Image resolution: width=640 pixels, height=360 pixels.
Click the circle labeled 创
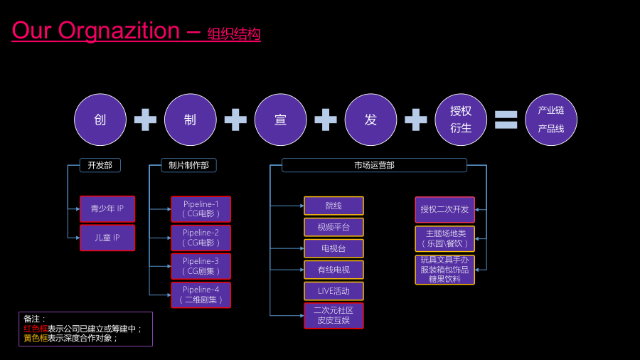pos(100,120)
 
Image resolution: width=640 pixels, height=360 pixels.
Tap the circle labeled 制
pos(190,120)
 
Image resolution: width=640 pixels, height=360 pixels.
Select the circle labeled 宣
pos(280,120)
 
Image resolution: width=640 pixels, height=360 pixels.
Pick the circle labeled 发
pos(370,120)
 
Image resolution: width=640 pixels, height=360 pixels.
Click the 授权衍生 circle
pos(461,120)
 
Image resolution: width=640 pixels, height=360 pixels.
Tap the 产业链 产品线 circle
pos(551,120)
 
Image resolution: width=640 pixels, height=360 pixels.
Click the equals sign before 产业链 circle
pos(506,120)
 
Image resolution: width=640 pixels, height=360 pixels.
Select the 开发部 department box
pos(100,165)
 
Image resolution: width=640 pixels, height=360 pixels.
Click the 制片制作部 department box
pos(189,165)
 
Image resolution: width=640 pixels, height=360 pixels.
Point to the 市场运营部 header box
pos(374,165)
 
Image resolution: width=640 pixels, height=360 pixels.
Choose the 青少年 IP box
pos(107,208)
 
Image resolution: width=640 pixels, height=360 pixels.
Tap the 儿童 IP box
pos(107,238)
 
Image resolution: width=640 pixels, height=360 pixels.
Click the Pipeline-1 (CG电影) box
pos(201,209)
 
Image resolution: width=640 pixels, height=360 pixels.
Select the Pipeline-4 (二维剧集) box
pos(201,295)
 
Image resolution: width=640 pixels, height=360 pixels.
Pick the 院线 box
pos(334,206)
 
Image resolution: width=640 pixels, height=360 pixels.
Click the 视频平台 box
pos(334,227)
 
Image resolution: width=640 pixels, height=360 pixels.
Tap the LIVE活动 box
pos(334,291)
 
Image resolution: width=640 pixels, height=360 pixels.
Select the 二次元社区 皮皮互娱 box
pos(334,315)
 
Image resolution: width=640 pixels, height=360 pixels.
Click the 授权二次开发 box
pos(444,209)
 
